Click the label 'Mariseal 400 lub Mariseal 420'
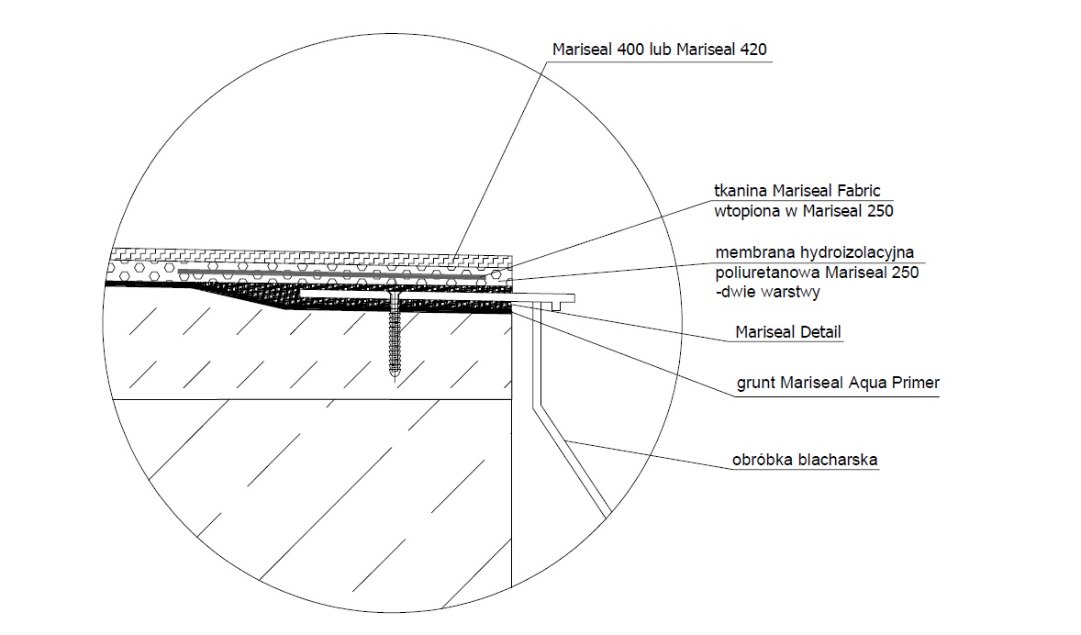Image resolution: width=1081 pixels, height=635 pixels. pyautogui.click(x=659, y=50)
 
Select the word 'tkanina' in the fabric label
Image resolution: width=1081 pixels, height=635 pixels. pyautogui.click(x=741, y=190)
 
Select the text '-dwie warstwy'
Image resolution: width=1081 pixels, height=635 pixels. pyautogui.click(x=768, y=292)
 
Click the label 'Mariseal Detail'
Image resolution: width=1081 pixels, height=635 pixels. pyautogui.click(x=788, y=332)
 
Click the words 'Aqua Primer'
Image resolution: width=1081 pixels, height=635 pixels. pyautogui.click(x=894, y=383)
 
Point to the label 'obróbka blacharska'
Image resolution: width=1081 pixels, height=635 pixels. pyautogui.click(x=805, y=460)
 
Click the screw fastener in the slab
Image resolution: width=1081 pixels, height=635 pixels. pyautogui.click(x=394, y=335)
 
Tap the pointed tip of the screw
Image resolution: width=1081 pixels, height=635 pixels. pyautogui.click(x=394, y=379)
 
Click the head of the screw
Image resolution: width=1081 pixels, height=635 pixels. pyautogui.click(x=394, y=294)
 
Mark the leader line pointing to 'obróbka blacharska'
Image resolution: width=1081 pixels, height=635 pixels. pyautogui.click(x=648, y=454)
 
